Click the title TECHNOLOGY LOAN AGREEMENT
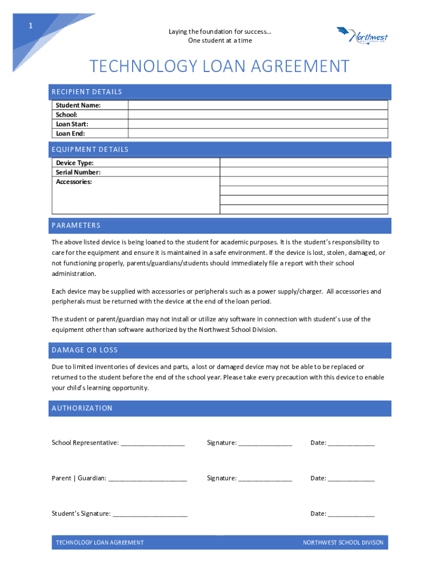pyautogui.click(x=219, y=67)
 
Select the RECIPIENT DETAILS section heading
pyautogui.click(x=87, y=92)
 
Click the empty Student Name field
pyautogui.click(x=258, y=105)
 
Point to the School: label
pyautogui.click(x=66, y=115)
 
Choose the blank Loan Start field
pyautogui.click(x=258, y=124)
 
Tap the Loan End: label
pyautogui.click(x=70, y=134)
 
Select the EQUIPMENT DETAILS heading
pyautogui.click(x=90, y=150)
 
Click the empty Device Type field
pyautogui.click(x=304, y=163)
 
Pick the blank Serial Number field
pyautogui.click(x=304, y=172)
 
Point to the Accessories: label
pyautogui.click(x=74, y=182)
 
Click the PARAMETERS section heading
pyautogui.click(x=76, y=226)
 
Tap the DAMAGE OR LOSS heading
pyautogui.click(x=85, y=350)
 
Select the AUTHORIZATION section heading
pyautogui.click(x=82, y=408)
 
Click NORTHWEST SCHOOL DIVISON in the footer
pyautogui.click(x=343, y=543)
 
